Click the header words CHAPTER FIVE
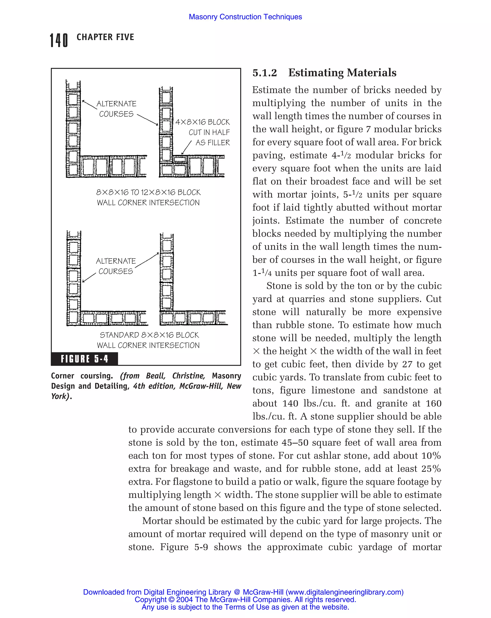click(105, 37)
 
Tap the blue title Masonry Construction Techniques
click(245, 17)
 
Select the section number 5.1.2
click(265, 73)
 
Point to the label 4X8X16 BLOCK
click(202, 122)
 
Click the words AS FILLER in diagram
click(213, 142)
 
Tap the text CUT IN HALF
click(209, 132)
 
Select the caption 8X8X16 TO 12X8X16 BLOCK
click(148, 192)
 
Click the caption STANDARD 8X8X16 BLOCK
click(149, 335)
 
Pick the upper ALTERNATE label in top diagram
click(116, 104)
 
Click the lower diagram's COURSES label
click(116, 271)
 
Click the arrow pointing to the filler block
click(186, 148)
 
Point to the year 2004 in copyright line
click(185, 599)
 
